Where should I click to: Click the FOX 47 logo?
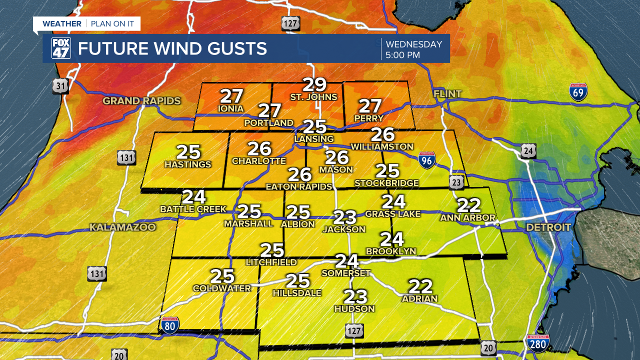tap(61, 48)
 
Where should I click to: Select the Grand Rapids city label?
tap(141, 101)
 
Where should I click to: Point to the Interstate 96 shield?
tap(426, 160)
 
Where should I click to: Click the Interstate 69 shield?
tap(578, 92)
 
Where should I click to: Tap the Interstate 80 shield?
tap(170, 325)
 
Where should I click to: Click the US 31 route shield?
tap(60, 86)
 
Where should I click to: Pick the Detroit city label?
tap(548, 227)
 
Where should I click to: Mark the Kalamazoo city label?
tap(122, 227)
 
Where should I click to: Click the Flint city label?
tap(447, 93)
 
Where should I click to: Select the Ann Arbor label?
tap(467, 217)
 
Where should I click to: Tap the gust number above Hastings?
tap(188, 152)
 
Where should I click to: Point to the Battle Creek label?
tap(193, 209)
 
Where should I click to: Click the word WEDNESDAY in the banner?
tap(413, 44)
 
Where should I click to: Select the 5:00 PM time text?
tap(402, 55)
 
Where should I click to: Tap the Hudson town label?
tap(354, 309)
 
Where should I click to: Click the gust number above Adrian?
tap(420, 286)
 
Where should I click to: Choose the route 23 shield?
tap(456, 183)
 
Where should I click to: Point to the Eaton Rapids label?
tap(298, 186)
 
